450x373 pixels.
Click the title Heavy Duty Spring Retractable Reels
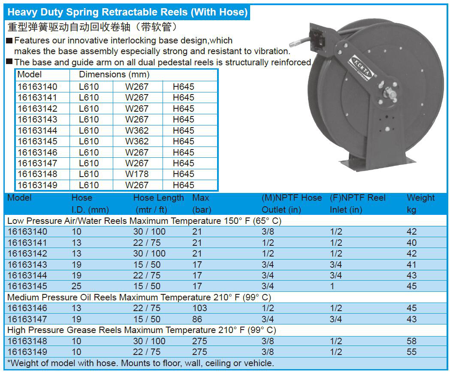[x=127, y=12]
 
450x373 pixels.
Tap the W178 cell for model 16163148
[x=136, y=174]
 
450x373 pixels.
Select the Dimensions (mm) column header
[x=114, y=75]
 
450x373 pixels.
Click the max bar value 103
[x=199, y=308]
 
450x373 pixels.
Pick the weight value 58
[x=411, y=341]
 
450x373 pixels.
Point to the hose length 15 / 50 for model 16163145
[x=147, y=286]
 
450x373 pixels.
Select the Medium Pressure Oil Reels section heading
[x=139, y=297]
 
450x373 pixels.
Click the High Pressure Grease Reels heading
[x=142, y=330]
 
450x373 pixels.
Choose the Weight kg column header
[x=420, y=204]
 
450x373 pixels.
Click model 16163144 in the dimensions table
[x=37, y=130]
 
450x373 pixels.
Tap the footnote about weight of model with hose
[x=141, y=363]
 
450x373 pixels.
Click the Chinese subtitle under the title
[x=92, y=27]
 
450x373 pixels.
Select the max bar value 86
[x=197, y=319]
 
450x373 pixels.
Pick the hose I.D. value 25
[x=76, y=286]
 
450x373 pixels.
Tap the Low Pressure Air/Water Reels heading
[x=144, y=221]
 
